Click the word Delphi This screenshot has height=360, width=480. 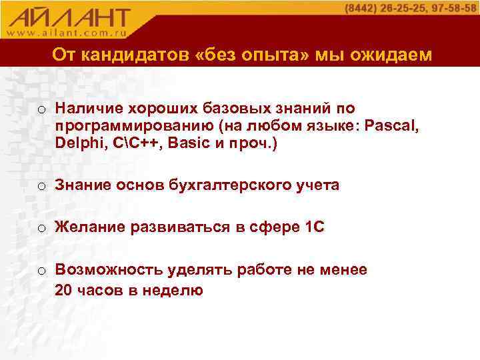tap(77, 143)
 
